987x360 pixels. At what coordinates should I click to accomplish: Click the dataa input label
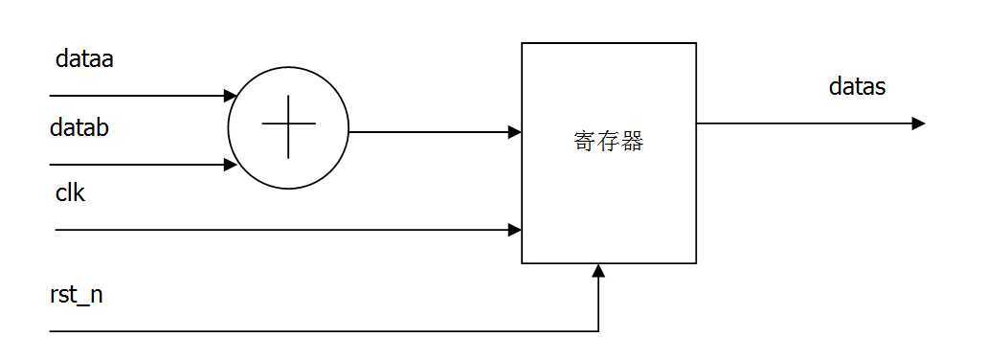[85, 59]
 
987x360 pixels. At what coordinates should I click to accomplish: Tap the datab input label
[85, 127]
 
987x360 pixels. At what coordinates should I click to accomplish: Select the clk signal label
[70, 192]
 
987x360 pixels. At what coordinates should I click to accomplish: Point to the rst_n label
[76, 295]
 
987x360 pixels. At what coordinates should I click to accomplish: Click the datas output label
[857, 87]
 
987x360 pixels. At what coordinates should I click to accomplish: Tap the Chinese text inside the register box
[608, 142]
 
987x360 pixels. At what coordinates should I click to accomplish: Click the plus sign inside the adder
[288, 130]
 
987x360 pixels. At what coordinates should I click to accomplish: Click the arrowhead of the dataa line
[230, 96]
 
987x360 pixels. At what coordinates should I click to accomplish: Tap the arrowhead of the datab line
[230, 165]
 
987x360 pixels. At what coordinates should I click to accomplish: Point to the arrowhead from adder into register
[515, 132]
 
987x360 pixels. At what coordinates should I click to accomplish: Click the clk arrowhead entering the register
[515, 230]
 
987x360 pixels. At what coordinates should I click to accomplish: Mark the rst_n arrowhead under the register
[598, 271]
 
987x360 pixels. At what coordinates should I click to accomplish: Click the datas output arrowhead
[918, 123]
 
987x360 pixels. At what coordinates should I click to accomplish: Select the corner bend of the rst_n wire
[598, 331]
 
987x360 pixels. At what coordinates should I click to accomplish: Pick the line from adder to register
[431, 132]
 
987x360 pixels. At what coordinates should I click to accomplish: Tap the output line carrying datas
[804, 123]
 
